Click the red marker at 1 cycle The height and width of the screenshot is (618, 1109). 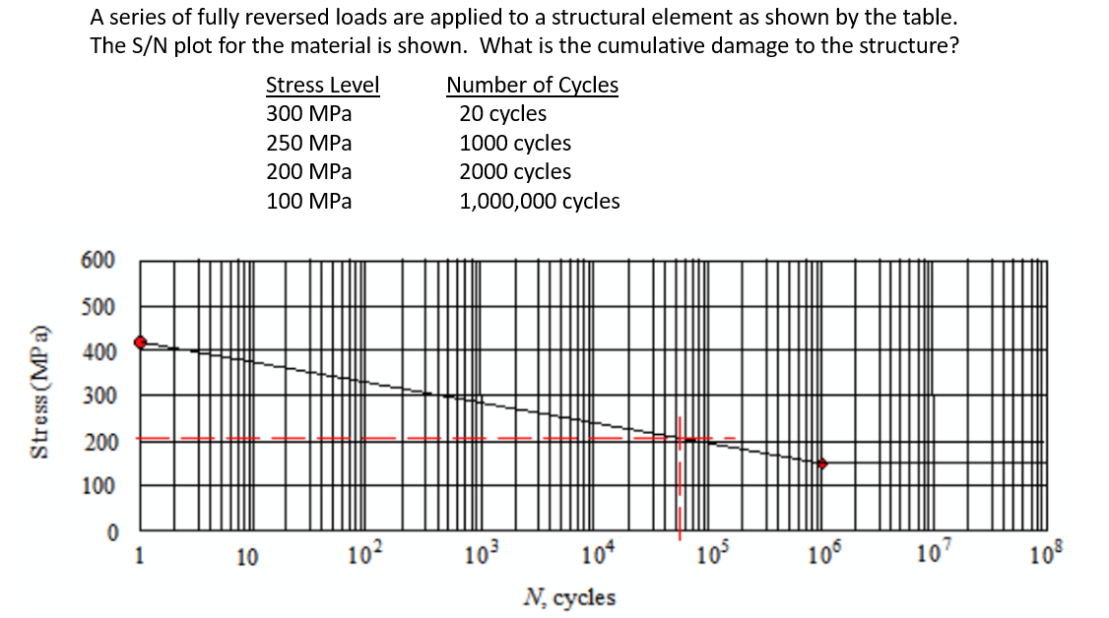point(141,342)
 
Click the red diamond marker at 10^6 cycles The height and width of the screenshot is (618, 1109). point(822,463)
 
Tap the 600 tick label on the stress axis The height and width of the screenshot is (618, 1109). point(98,261)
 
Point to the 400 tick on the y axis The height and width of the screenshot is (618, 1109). point(98,352)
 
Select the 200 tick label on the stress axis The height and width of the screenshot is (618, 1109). point(98,442)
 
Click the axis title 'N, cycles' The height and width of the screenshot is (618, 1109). point(570,597)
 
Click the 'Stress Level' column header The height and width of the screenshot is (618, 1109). point(322,86)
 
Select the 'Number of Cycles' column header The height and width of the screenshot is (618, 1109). point(532,86)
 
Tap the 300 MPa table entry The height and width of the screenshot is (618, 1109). point(308,113)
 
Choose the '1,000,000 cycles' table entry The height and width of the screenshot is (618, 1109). point(540,202)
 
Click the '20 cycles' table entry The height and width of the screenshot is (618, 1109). point(502,113)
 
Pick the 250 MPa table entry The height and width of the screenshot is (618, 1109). point(308,143)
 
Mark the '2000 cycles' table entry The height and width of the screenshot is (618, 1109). point(515,171)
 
